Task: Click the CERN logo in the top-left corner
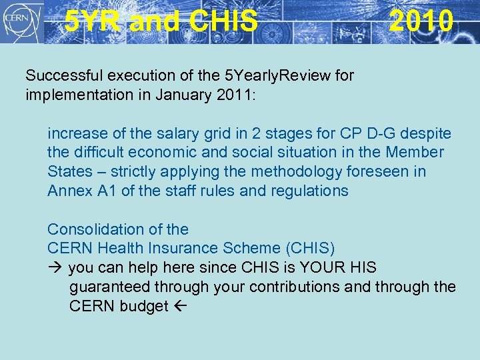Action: pos(22,21)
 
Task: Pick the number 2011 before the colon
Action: pos(227,95)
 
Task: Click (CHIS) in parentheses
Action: pos(309,249)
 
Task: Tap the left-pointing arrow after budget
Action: pos(180,307)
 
